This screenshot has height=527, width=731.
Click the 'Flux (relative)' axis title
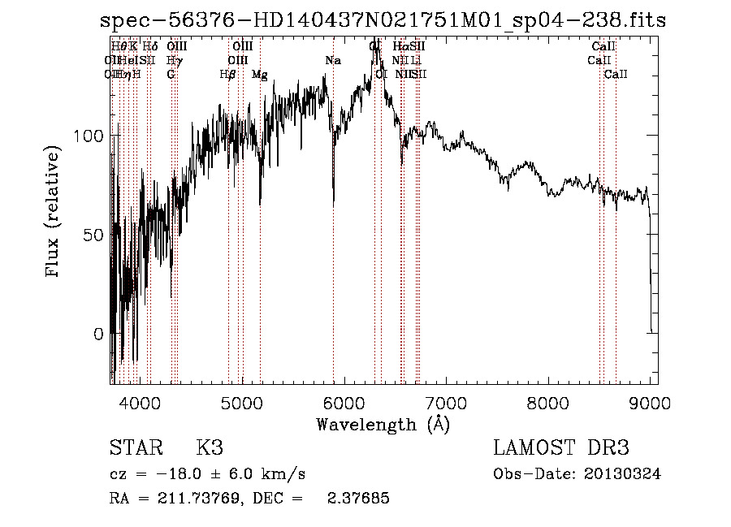(x=54, y=213)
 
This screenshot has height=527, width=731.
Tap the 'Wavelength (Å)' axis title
(x=383, y=424)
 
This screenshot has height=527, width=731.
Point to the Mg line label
(x=259, y=75)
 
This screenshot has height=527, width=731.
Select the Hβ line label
(x=228, y=75)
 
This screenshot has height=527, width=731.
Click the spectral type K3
(x=210, y=448)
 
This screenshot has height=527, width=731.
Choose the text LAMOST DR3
(x=560, y=448)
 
